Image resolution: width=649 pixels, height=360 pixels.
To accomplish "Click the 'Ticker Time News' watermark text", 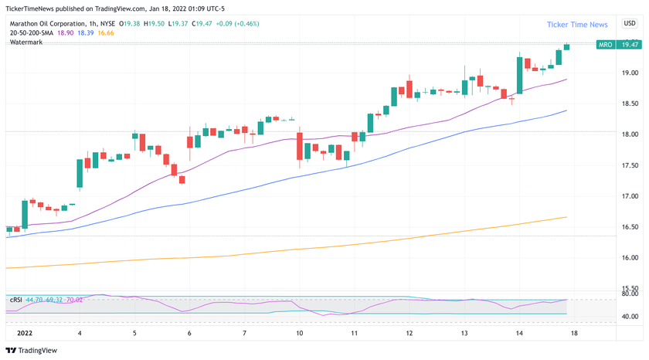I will [577, 25].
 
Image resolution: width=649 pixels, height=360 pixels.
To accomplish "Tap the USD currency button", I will [629, 24].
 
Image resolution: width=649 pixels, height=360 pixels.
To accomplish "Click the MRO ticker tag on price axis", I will [606, 46].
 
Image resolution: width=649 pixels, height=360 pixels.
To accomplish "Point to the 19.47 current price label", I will [630, 46].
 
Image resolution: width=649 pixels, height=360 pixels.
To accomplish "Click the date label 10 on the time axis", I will [299, 333].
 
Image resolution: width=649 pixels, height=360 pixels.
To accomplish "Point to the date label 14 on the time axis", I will [519, 333].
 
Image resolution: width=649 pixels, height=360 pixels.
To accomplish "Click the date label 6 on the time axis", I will [189, 333].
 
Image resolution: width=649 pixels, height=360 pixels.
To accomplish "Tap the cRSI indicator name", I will [15, 300].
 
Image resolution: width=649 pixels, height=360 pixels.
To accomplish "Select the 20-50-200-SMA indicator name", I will [32, 33].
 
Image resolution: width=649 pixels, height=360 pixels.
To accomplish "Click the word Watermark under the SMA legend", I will [26, 42].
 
